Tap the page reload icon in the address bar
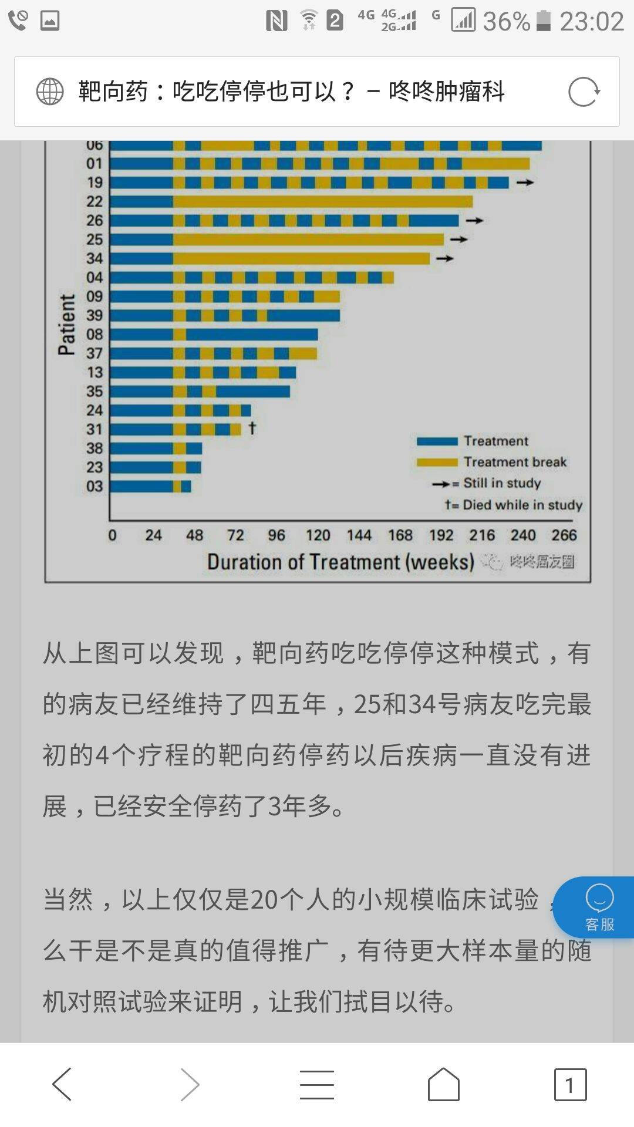584,92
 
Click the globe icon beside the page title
50,92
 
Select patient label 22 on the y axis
95,201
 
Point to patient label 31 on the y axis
95,429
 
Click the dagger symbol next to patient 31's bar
252,427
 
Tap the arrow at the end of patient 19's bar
525,183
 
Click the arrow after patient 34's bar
445,258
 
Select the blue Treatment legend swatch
437,441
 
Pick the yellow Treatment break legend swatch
437,463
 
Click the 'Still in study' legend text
502,483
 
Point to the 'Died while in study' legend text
522,505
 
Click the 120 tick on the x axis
318,535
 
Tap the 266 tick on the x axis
564,535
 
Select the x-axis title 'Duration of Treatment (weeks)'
340,562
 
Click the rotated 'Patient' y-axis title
67,325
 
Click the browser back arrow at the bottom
62,1084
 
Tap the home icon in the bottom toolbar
444,1084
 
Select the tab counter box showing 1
570,1085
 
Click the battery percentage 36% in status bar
506,22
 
